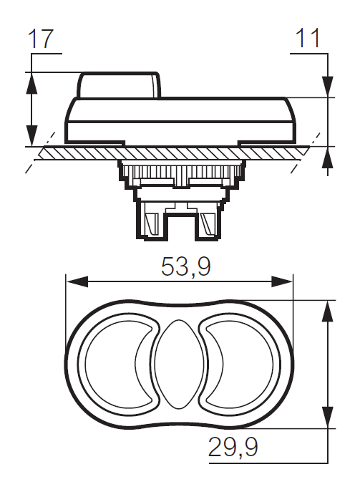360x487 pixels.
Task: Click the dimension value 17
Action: (x=42, y=39)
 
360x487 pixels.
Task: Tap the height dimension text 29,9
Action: (x=233, y=448)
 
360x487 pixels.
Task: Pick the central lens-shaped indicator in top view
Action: (x=179, y=363)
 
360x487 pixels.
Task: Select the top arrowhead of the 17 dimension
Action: (x=31, y=80)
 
